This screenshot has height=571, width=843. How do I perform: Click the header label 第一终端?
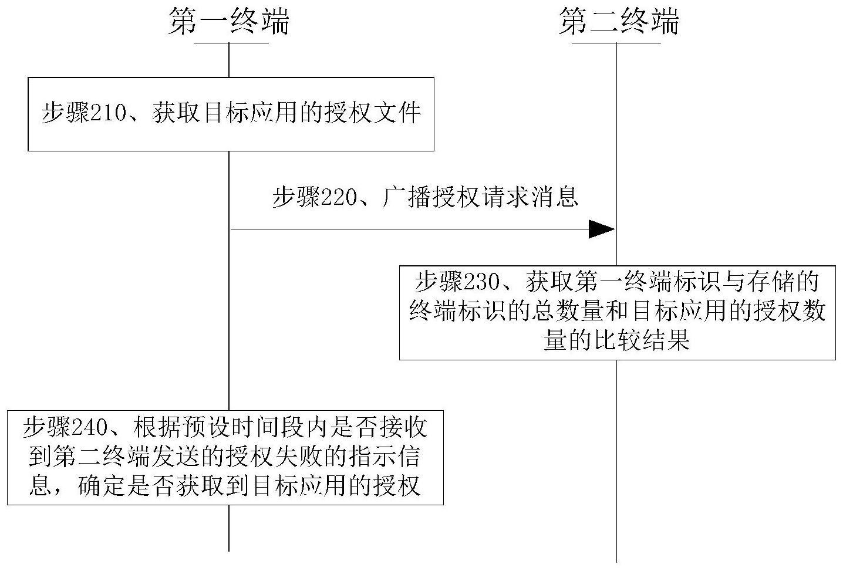coord(229,22)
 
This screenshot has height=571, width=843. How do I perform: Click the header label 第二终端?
coord(619,22)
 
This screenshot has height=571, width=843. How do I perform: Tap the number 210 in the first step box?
coord(109,113)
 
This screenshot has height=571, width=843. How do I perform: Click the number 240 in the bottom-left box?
coord(89,427)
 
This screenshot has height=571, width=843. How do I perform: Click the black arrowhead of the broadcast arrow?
coord(602,229)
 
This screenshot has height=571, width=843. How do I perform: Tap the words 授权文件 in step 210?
coord(373,113)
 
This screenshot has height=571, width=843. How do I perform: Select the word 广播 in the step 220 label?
coord(406,197)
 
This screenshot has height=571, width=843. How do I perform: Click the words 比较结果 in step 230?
coord(641,340)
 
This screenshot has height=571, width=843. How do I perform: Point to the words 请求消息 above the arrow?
coord(530,197)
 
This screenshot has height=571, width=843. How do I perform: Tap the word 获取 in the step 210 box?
coord(176,113)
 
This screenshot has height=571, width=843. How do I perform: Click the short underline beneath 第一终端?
coord(231,43)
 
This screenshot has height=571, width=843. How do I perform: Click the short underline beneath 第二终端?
coord(616,43)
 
